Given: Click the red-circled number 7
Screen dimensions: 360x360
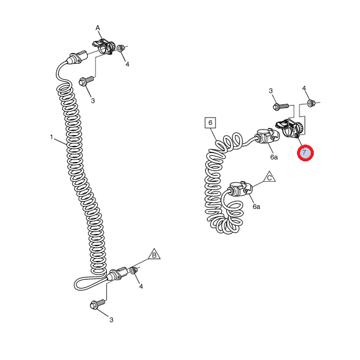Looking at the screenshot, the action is click(305, 153).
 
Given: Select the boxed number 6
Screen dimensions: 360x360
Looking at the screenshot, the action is click(211, 123).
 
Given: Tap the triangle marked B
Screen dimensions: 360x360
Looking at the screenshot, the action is click(154, 254).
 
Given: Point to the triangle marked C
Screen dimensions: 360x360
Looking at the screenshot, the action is click(269, 177).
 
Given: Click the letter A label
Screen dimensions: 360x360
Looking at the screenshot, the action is click(98, 28).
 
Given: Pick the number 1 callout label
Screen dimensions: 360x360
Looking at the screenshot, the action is click(52, 137).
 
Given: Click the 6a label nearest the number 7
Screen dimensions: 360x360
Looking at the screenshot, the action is click(274, 157).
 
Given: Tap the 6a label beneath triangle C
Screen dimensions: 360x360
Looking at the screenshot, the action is click(256, 206).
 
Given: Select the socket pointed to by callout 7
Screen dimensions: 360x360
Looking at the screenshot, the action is click(290, 128).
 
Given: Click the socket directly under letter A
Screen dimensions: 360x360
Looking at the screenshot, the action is click(104, 47).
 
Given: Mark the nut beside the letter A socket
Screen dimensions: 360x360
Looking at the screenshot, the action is click(121, 48).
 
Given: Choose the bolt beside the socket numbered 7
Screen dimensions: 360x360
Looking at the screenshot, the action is click(281, 106).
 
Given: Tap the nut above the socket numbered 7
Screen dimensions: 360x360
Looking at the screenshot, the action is click(311, 103).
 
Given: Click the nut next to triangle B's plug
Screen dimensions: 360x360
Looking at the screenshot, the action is click(134, 270).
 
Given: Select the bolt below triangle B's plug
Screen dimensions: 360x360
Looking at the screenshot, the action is click(98, 304).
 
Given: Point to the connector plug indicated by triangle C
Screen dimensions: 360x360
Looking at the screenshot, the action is click(239, 189).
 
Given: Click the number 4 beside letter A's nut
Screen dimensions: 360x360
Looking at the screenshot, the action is click(127, 64).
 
